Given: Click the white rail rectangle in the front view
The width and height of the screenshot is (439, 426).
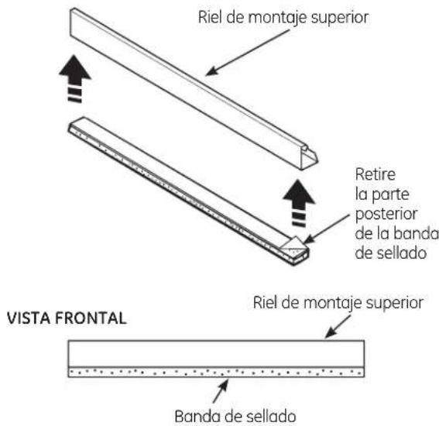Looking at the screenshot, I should pos(217,354).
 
